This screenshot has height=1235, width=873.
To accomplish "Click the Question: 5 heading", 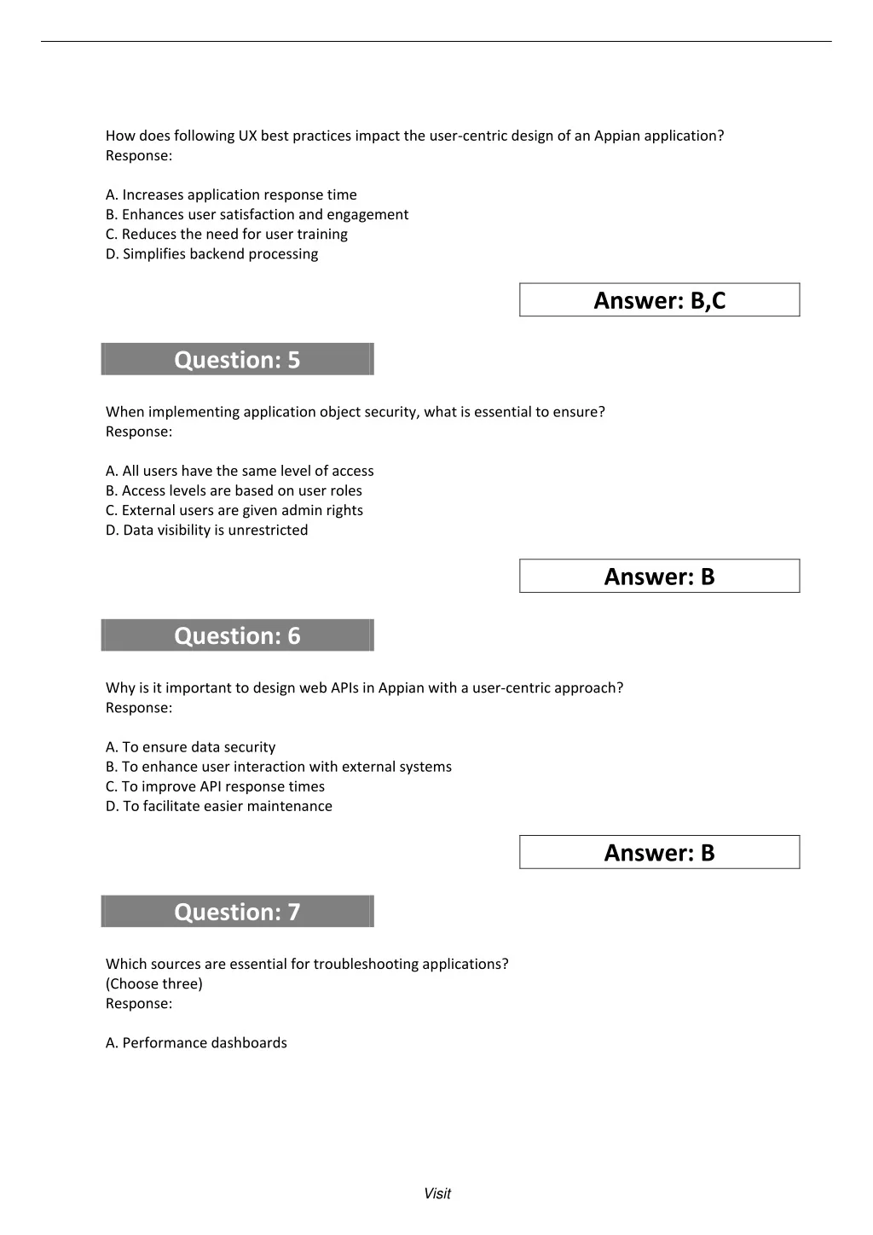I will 237,359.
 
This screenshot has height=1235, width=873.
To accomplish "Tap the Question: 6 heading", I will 237,635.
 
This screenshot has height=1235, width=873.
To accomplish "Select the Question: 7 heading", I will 237,912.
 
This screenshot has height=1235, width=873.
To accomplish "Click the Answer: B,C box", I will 659,300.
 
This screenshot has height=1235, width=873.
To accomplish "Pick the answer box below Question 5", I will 659,577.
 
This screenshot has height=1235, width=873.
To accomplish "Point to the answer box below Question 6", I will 659,853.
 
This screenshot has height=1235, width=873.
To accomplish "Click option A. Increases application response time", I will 231,195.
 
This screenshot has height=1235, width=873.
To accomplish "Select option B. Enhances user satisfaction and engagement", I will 257,215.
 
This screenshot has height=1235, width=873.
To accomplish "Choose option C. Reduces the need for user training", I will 226,235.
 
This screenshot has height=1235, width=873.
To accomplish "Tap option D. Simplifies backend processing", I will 211,254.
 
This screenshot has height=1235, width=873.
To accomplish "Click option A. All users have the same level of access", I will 240,471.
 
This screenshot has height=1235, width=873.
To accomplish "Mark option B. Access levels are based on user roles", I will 234,490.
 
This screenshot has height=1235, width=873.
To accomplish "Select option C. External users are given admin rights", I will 234,510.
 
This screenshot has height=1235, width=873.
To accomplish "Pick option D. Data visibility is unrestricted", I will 206,530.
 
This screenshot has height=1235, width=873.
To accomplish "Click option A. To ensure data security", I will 190,747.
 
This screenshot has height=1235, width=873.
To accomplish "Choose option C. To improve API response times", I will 215,786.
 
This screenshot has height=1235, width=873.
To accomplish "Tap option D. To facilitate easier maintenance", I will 218,806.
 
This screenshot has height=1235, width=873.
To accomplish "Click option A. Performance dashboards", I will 196,1043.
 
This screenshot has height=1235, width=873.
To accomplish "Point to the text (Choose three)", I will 154,984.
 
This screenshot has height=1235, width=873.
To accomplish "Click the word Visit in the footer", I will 437,1194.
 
